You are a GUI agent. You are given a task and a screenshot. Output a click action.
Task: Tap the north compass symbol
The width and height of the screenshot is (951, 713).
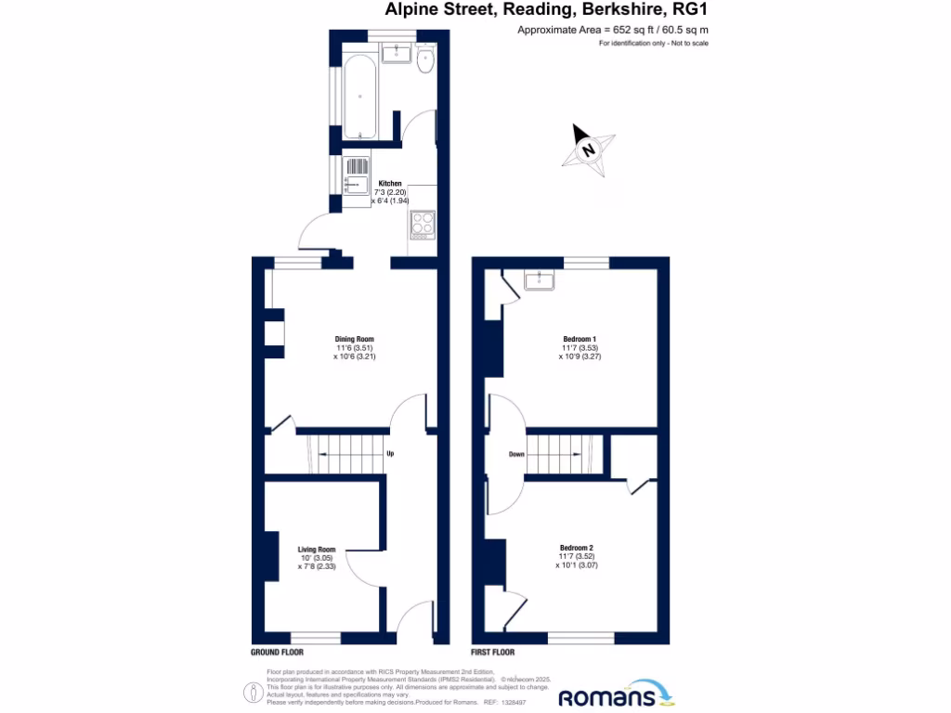tap(588, 149)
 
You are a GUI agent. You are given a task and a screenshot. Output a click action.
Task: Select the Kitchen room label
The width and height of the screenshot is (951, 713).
tap(390, 184)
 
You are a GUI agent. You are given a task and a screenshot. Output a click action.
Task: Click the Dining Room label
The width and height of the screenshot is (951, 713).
tap(354, 339)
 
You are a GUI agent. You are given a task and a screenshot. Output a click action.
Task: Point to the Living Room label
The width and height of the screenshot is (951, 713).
tap(316, 549)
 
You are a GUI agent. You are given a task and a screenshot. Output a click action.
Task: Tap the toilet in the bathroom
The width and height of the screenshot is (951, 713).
tap(426, 60)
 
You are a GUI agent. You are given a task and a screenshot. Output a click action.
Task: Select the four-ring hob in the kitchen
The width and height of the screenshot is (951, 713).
tap(423, 224)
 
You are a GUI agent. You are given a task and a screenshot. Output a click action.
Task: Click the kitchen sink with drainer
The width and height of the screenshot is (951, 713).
tap(357, 175)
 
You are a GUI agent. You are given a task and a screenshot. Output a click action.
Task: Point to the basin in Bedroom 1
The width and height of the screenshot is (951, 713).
tap(539, 279)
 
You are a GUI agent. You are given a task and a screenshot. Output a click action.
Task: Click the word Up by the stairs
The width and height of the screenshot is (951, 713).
tap(390, 454)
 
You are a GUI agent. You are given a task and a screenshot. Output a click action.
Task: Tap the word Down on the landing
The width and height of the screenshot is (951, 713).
tap(517, 454)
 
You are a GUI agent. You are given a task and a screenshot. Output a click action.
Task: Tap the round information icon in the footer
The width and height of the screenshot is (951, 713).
tap(252, 692)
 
